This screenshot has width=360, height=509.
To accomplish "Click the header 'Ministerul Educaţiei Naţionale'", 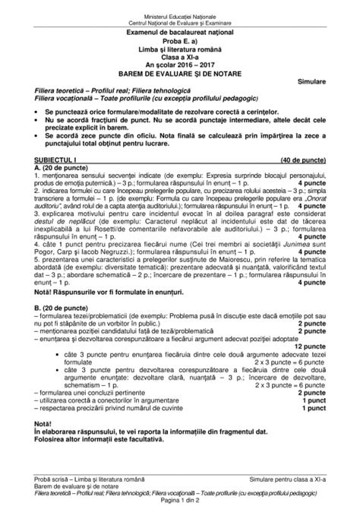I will pyautogui.click(x=180, y=6).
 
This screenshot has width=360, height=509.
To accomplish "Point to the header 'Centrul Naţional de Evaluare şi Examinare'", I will pyautogui.click(x=180, y=13).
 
